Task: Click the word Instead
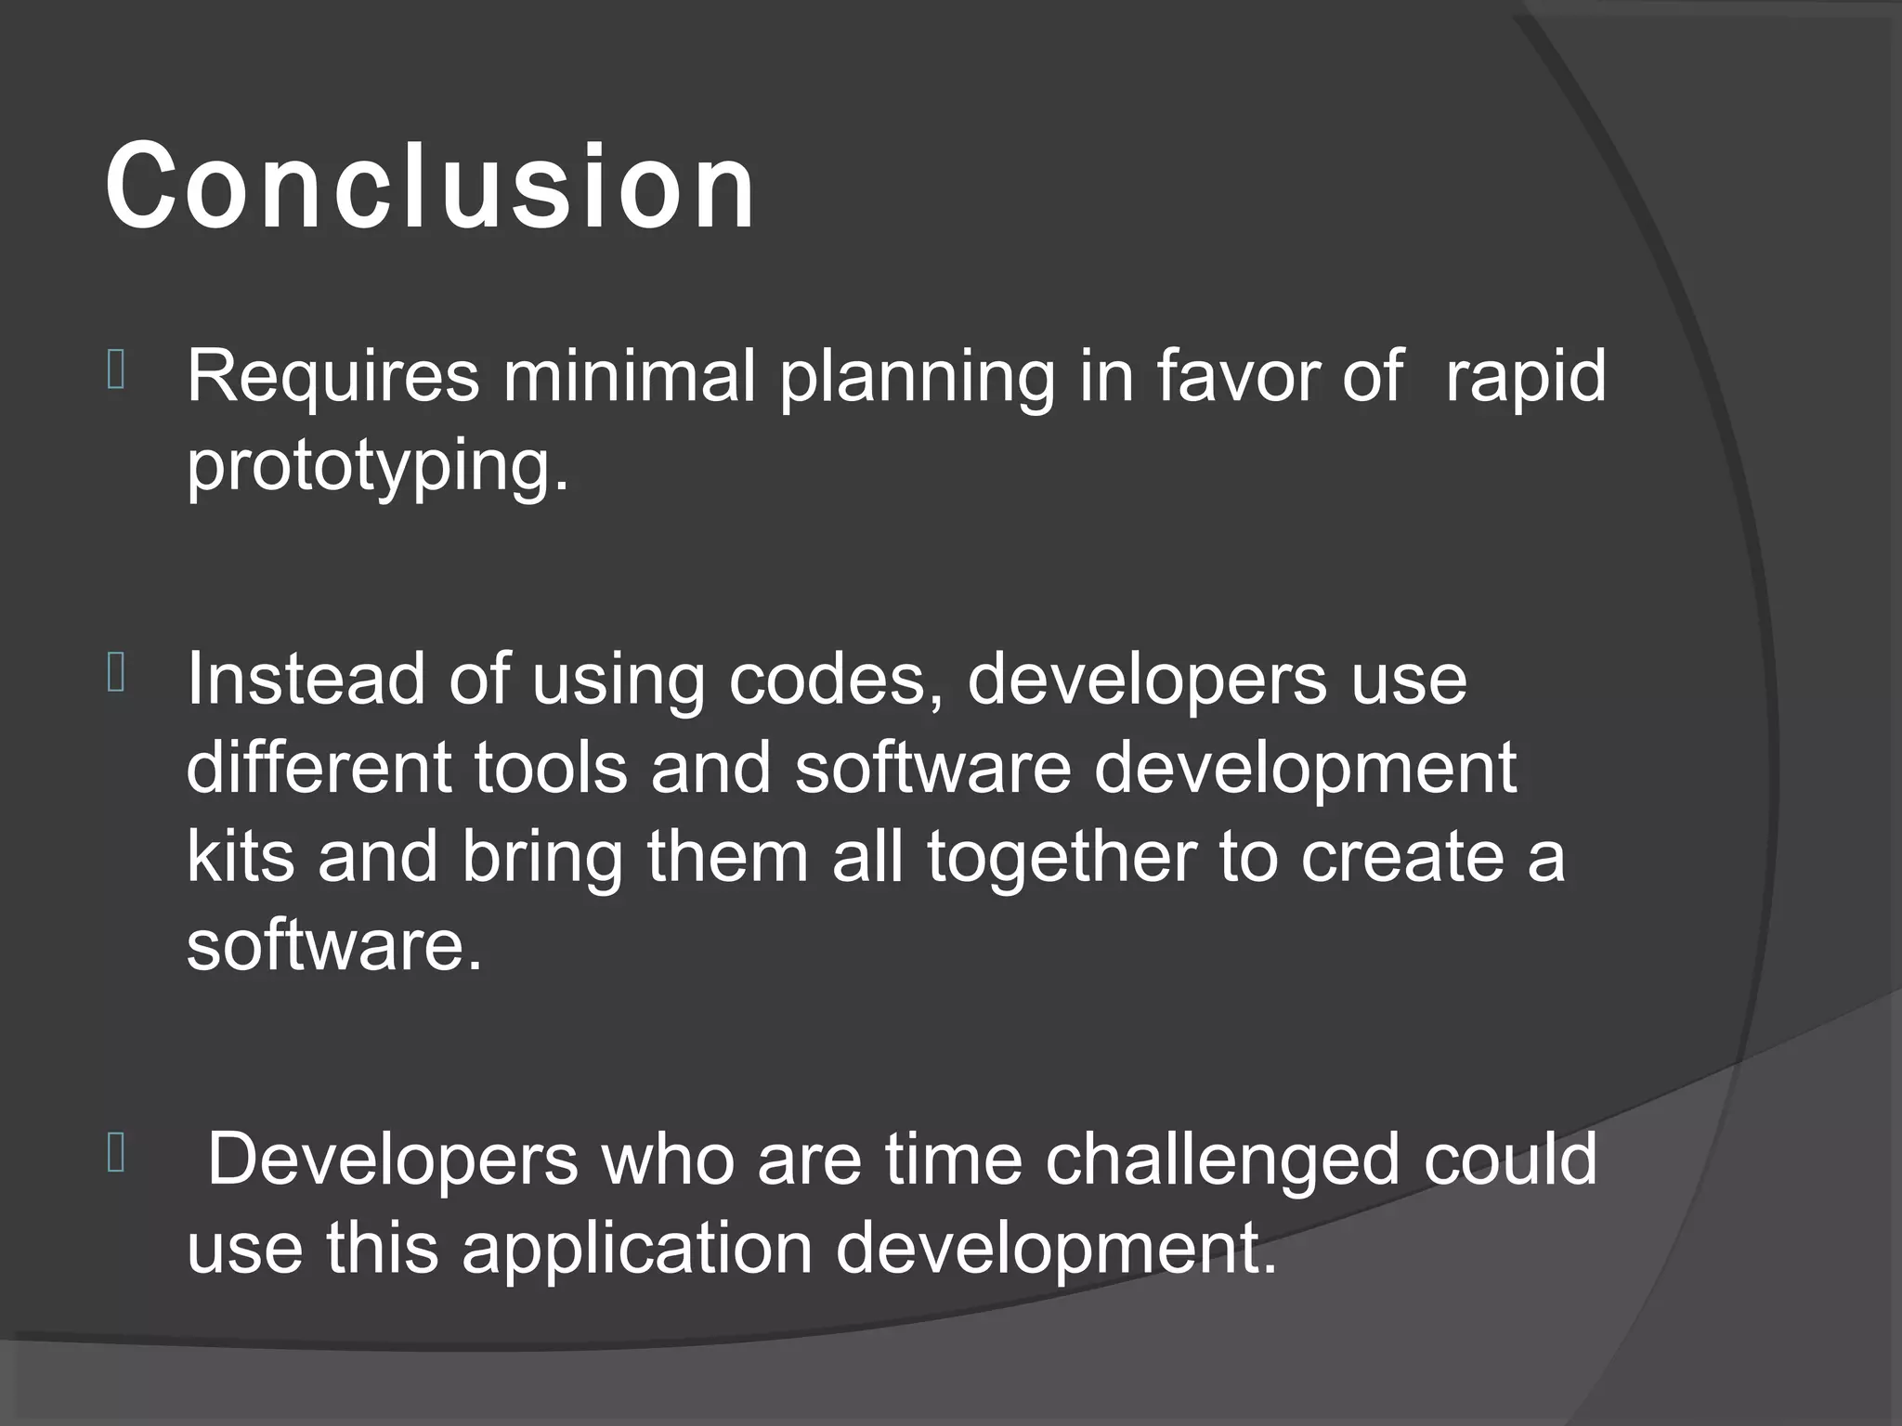[x=306, y=679]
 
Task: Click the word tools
[x=550, y=768]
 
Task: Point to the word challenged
[x=1220, y=1160]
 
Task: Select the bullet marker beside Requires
[x=116, y=370]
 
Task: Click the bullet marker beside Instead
[x=116, y=674]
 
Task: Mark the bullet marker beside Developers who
[x=116, y=1155]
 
